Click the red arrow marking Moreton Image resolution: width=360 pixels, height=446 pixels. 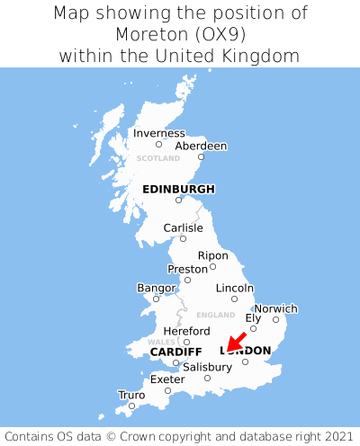click(235, 341)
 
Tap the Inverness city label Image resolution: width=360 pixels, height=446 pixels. click(158, 133)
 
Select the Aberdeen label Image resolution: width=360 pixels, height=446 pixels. click(201, 146)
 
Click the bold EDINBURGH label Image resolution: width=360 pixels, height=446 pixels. click(178, 189)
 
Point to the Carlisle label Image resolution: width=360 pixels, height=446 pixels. click(183, 227)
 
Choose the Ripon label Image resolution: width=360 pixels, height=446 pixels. click(213, 255)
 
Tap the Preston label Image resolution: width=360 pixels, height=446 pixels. click(188, 269)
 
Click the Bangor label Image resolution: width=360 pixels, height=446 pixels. click(156, 288)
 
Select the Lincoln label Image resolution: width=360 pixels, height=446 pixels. click(235, 288)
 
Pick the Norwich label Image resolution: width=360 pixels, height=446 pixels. click(275, 308)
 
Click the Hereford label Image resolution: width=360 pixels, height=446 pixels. click(186, 331)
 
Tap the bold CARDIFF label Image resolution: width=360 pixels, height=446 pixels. click(175, 351)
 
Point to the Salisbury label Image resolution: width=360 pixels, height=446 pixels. click(207, 367)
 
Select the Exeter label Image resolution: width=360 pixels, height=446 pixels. click(167, 379)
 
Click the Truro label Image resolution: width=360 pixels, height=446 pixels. click(131, 395)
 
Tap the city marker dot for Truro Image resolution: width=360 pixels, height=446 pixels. click(131, 406)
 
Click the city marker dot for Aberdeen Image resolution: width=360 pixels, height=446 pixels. click(201, 156)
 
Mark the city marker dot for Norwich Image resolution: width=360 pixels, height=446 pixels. click(275, 319)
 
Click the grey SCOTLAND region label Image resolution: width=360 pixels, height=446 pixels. click(158, 158)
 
